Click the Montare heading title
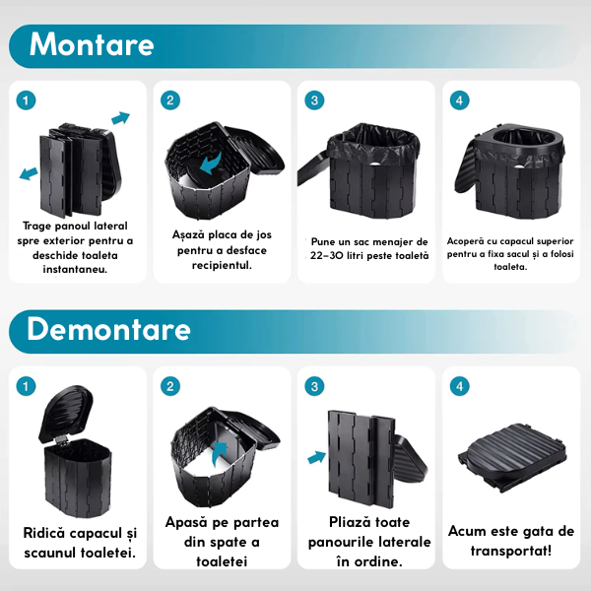pos(92,44)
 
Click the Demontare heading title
pos(108,329)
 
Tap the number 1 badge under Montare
pos(26,100)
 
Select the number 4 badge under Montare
pos(459,100)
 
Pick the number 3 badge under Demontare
pos(314,386)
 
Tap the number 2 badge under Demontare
pos(170,386)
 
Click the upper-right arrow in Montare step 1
pos(120,117)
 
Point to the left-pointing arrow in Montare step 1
pos(29,173)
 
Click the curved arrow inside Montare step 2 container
pos(211,164)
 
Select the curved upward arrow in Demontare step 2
pos(220,453)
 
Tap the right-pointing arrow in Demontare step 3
pos(316,457)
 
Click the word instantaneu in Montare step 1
pos(75,269)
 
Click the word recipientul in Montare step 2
pos(222,265)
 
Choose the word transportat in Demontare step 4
pos(509,551)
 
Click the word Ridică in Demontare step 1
pos(44,533)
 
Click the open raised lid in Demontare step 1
pos(66,414)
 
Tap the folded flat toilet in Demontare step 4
pos(512,457)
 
